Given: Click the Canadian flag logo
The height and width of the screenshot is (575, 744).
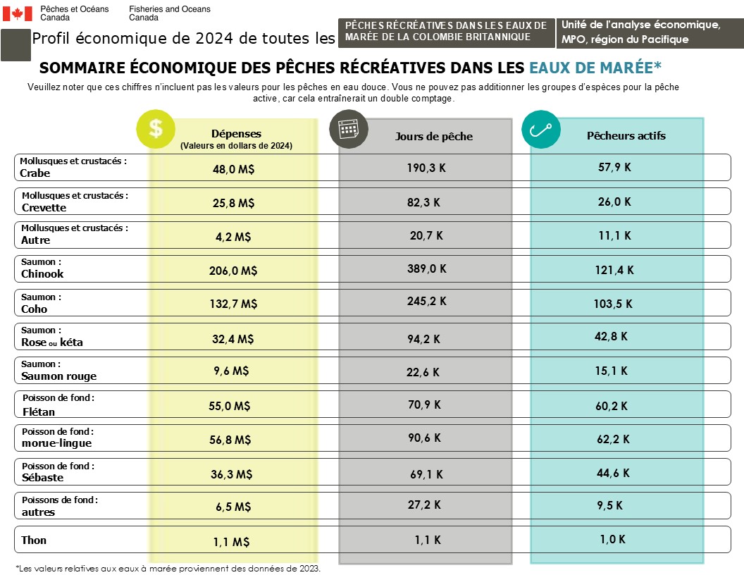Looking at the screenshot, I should [x=18, y=13].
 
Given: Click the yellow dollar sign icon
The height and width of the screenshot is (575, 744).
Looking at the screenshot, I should [x=156, y=129].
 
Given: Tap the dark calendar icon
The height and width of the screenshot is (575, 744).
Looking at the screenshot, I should [x=349, y=129].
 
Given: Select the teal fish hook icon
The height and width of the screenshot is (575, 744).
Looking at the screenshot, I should [x=540, y=129].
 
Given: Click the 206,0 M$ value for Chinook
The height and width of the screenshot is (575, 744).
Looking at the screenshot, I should [x=235, y=271].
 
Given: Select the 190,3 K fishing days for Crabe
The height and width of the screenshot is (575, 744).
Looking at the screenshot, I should [x=426, y=168].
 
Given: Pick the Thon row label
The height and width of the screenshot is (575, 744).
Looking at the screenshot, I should [x=34, y=540].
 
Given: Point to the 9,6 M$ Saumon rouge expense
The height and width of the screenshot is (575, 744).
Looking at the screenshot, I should [x=231, y=371].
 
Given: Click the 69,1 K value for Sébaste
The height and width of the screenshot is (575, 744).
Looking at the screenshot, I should [x=426, y=474].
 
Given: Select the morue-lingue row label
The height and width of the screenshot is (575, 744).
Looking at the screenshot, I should [x=56, y=443].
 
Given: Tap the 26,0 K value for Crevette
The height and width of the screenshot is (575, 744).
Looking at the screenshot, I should [x=614, y=202].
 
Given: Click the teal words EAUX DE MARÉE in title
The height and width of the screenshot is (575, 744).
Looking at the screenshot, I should [x=595, y=68].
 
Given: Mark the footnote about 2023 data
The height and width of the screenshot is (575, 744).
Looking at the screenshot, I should [x=168, y=568].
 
